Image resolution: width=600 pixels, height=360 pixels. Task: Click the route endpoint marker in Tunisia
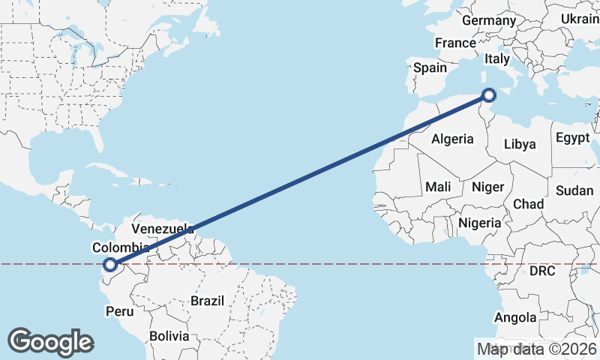pos(488,95)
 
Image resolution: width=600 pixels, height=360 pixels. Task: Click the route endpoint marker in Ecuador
pos(110,264)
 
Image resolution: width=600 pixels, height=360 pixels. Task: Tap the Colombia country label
pos(121,247)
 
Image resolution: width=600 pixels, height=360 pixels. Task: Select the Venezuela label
pos(163,228)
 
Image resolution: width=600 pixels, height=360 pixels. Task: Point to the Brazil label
pos(208,301)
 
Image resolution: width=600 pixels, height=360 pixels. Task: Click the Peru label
pos(119,310)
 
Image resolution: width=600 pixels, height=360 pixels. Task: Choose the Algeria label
pos(452,139)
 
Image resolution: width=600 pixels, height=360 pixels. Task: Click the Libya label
pos(520,144)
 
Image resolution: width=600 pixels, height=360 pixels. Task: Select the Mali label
pos(438,186)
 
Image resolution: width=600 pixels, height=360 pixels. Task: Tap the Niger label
pos(487,186)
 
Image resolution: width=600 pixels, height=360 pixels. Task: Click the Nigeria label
pos(479,223)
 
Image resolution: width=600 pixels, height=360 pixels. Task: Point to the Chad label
pos(528,204)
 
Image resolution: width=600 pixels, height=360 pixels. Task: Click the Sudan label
pos(574,190)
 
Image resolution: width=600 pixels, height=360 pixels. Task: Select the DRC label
pos(541,271)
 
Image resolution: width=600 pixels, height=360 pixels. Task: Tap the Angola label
pos(516,318)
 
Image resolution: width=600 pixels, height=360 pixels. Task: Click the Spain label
pos(430,67)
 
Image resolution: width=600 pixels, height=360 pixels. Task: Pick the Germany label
pos(489,20)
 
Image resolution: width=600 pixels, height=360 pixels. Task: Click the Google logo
pos(51,342)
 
